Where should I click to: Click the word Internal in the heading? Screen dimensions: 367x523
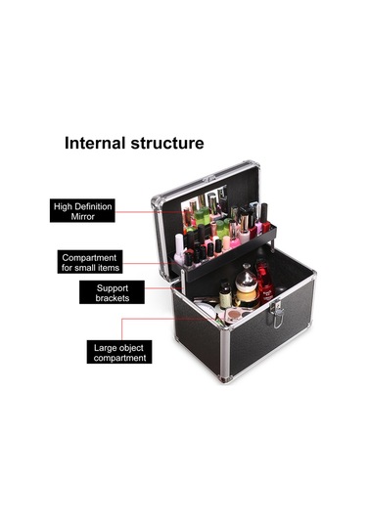(95, 143)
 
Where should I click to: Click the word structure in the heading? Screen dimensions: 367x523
(167, 144)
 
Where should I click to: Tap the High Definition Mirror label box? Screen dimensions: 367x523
(82, 210)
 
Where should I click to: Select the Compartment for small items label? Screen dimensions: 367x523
(90, 262)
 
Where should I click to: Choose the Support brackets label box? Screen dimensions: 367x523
(112, 292)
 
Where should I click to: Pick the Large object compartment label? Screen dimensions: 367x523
(119, 352)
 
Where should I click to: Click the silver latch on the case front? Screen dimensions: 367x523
(277, 314)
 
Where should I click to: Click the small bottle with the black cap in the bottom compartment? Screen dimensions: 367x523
(225, 295)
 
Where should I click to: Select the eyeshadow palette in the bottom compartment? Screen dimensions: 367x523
(235, 315)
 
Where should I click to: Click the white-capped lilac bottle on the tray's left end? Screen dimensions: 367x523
(179, 249)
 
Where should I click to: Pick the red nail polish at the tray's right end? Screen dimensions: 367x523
(265, 218)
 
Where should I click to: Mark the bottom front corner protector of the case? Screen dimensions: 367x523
(226, 378)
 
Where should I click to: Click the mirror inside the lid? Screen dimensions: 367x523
(204, 208)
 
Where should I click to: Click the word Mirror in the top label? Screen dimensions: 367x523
(83, 216)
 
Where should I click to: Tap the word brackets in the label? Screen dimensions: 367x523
(113, 298)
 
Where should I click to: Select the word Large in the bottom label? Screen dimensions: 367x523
(105, 348)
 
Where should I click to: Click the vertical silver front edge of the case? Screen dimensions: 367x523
(225, 353)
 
